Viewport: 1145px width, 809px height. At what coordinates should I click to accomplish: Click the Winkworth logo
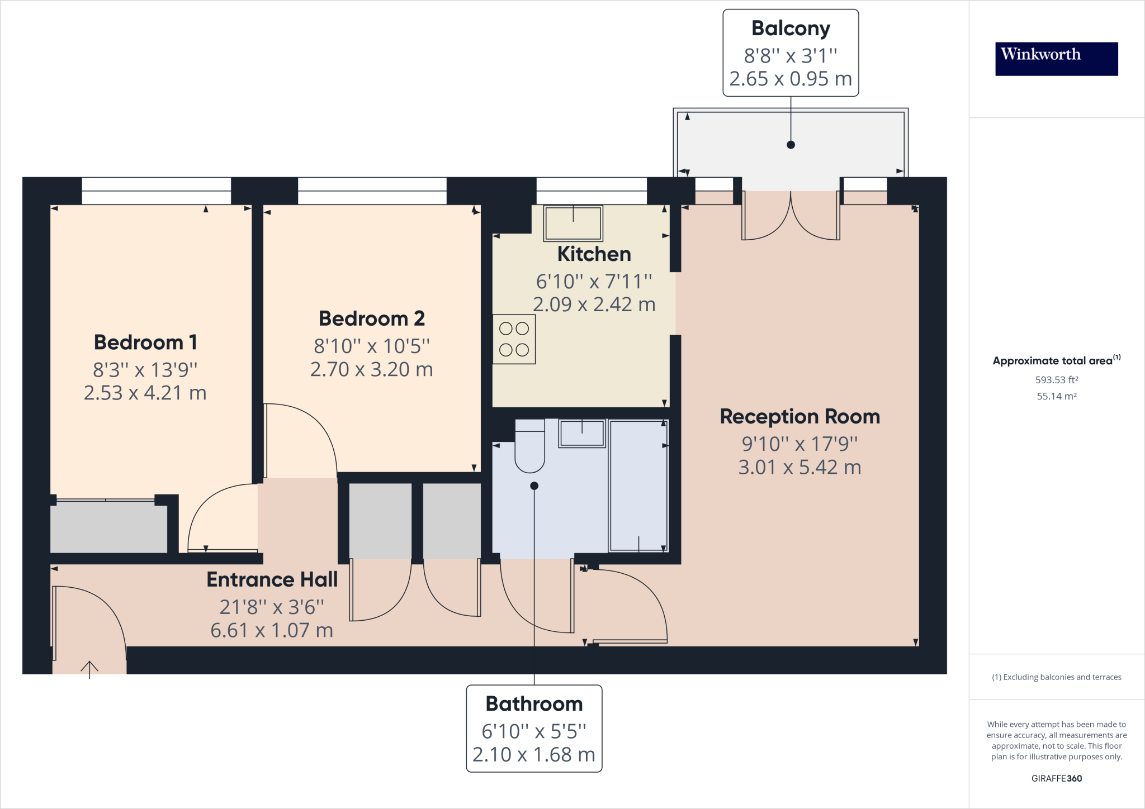point(1056,59)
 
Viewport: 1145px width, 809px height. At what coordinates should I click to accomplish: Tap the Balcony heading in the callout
point(791,28)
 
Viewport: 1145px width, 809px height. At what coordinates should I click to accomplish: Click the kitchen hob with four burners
point(514,339)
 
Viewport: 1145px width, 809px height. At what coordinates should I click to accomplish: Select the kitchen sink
point(573,223)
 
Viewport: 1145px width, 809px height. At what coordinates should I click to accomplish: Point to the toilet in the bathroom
point(529,447)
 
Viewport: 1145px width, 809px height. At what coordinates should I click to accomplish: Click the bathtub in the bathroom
point(638,486)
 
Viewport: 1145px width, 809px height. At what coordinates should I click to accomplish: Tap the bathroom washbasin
point(582,433)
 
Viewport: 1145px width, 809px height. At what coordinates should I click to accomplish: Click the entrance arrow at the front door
point(89,668)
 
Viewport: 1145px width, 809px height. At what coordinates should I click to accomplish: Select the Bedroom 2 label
point(372,318)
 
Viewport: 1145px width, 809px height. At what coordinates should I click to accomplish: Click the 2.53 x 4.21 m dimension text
point(145,393)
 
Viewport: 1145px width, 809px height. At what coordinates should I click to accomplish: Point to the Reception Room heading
point(799,416)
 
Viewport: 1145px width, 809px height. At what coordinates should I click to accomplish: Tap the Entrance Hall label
point(272,579)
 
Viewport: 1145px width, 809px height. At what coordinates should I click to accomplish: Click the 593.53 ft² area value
point(1056,380)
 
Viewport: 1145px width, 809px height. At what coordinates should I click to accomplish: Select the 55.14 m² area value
point(1056,396)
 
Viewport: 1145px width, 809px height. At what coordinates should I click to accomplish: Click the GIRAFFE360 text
point(1056,778)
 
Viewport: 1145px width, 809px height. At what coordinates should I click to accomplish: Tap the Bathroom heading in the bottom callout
point(534,703)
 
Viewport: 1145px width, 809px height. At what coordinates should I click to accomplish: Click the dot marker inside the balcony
point(791,145)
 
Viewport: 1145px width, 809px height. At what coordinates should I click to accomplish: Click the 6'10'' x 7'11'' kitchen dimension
point(594,281)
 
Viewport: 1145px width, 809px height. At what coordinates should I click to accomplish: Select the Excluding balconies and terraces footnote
point(1056,677)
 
